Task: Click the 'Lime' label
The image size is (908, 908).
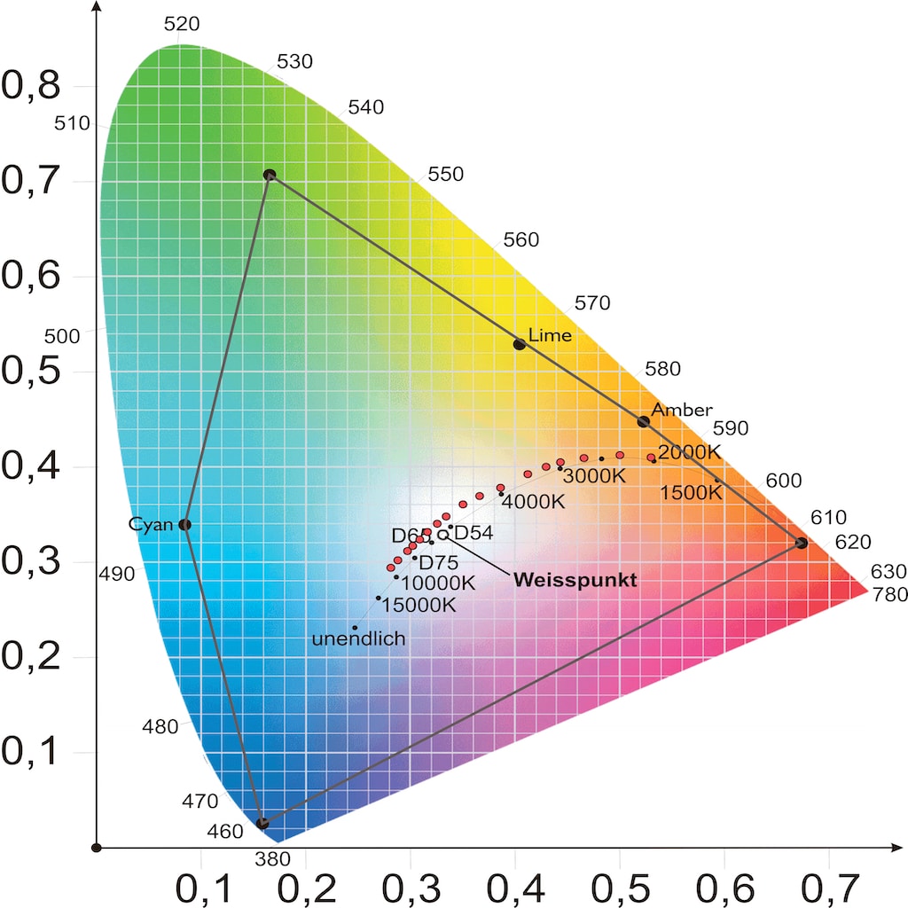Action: point(550,335)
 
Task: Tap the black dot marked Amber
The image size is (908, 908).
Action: point(644,421)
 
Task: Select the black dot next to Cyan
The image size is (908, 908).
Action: point(184,524)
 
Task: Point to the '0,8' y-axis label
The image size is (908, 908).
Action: point(31,86)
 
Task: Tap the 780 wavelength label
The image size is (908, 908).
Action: point(890,594)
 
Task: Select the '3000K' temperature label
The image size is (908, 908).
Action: point(595,475)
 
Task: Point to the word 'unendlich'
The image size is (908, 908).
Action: point(359,638)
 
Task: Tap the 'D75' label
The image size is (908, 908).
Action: point(438,562)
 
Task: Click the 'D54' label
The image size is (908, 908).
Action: point(474,533)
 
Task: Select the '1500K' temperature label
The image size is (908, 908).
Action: point(692,492)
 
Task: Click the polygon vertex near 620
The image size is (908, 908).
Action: point(801,543)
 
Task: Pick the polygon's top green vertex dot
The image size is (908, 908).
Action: point(270,176)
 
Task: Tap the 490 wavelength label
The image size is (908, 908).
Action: point(117,574)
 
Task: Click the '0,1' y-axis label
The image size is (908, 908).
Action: point(31,752)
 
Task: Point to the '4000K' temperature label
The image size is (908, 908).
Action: point(534,501)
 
